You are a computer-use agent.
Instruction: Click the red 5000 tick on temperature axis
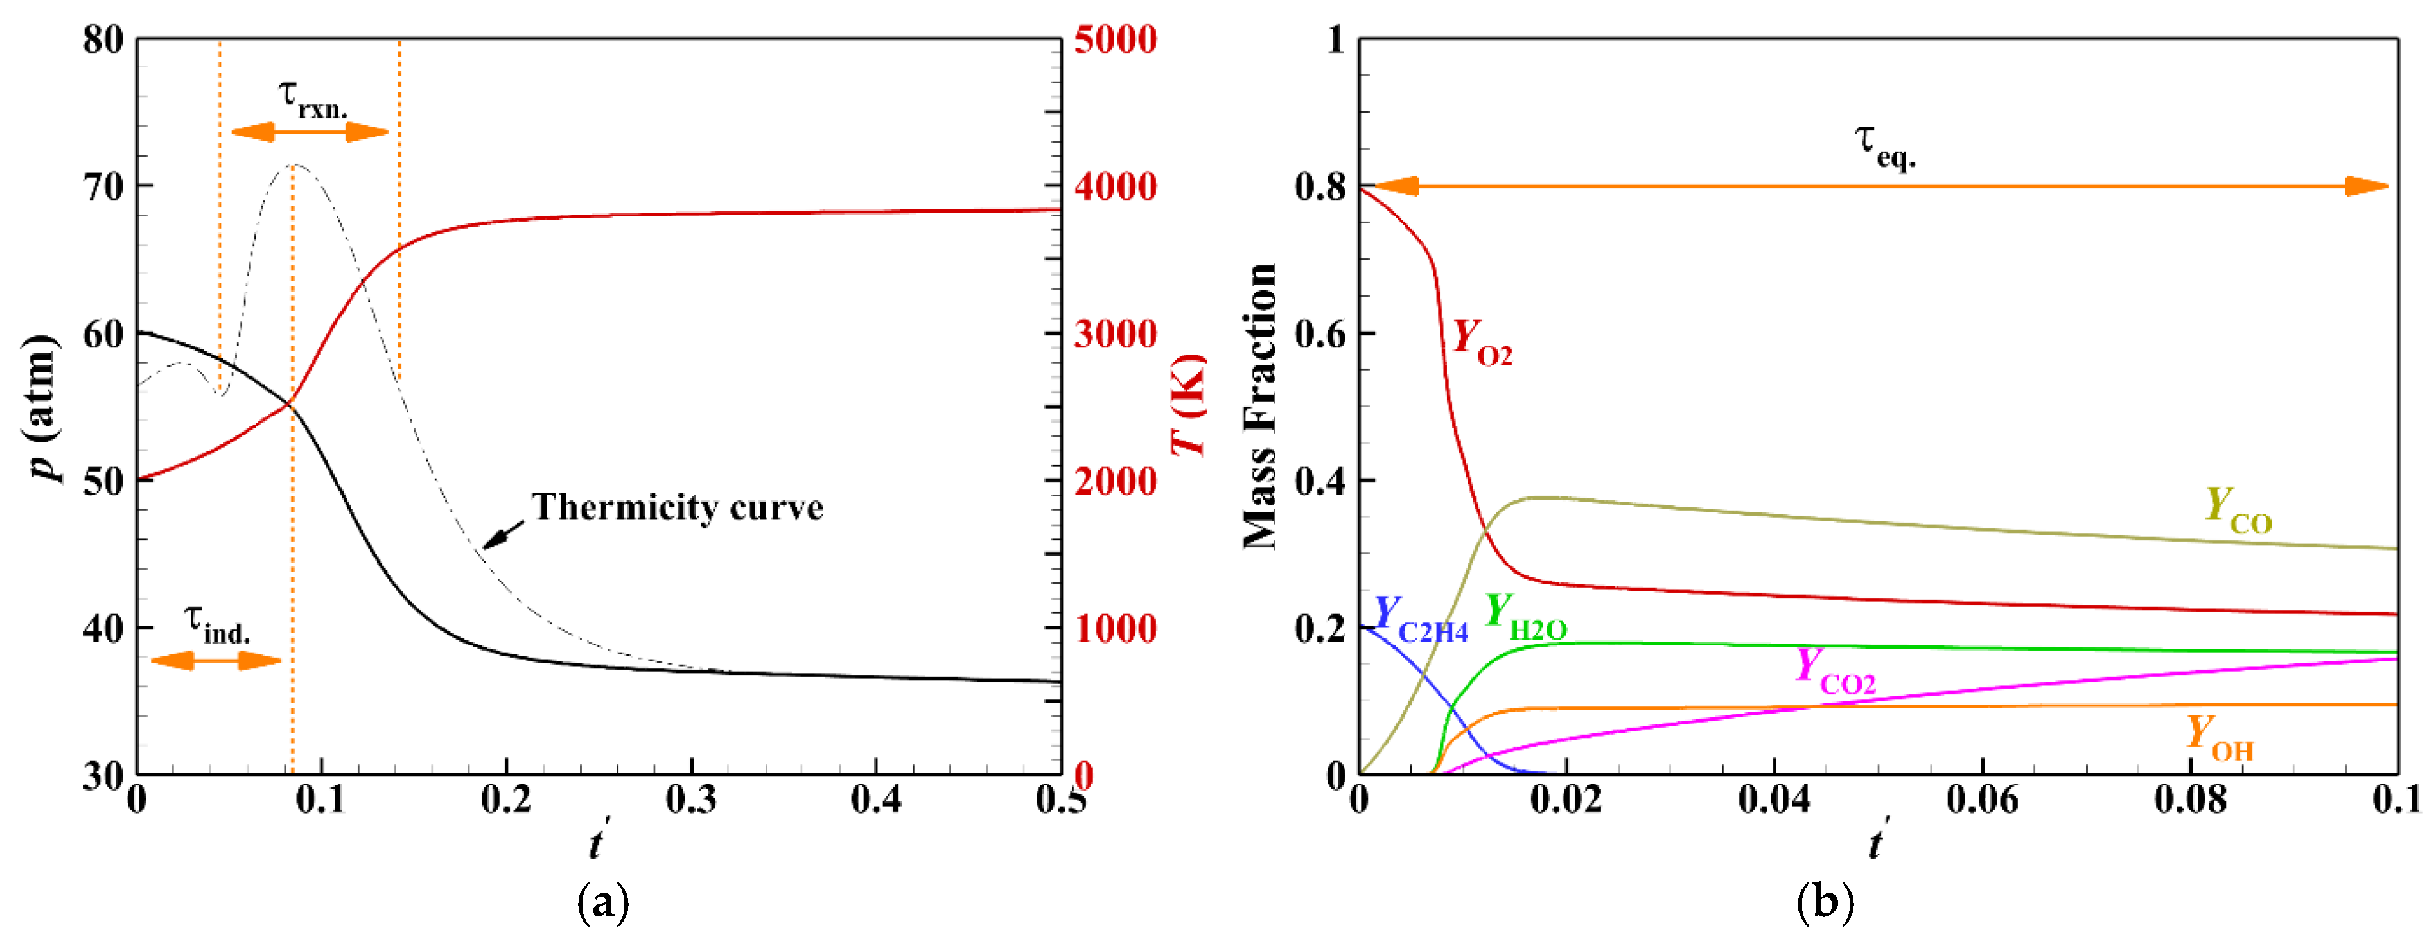pos(1115,40)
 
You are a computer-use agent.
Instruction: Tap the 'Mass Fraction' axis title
pos(1259,407)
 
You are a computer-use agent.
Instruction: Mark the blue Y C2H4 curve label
pos(1419,620)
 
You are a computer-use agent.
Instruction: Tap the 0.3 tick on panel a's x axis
pos(691,800)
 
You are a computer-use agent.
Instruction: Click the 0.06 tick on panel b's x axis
pos(1982,800)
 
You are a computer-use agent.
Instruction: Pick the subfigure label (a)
pos(602,904)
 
